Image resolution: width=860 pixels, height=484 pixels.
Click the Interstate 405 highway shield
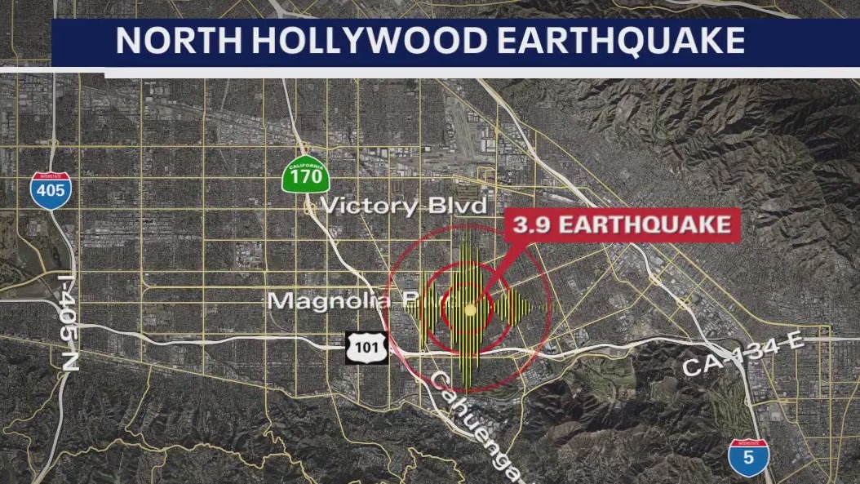click(x=51, y=190)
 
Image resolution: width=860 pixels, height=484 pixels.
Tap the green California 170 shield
click(x=305, y=175)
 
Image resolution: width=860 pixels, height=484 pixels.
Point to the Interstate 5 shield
click(x=747, y=458)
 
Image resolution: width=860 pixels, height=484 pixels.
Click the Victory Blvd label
click(x=403, y=205)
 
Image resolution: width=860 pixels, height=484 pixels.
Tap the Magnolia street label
click(x=335, y=301)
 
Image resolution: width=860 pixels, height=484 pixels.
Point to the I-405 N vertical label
click(x=69, y=322)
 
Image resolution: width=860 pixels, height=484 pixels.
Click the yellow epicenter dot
click(x=470, y=310)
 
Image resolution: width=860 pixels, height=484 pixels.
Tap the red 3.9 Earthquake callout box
click(x=623, y=224)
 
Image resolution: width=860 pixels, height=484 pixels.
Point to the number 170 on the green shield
click(x=305, y=179)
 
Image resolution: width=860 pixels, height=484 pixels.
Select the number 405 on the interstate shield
click(x=51, y=193)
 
